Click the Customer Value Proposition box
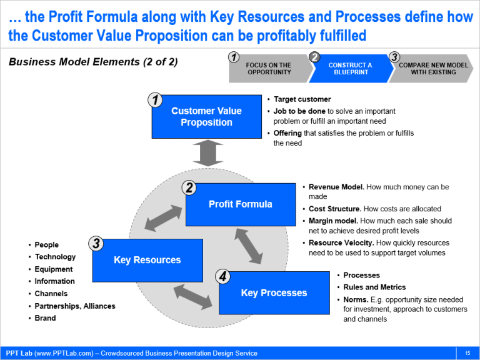pyautogui.click(x=206, y=117)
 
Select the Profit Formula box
pyautogui.click(x=241, y=204)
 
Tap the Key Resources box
pyautogui.click(x=147, y=260)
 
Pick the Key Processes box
pyautogui.click(x=274, y=292)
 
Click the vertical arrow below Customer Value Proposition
pyautogui.click(x=207, y=153)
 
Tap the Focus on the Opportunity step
pyautogui.click(x=268, y=69)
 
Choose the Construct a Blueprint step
pyautogui.click(x=349, y=69)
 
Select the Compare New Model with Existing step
pyautogui.click(x=433, y=69)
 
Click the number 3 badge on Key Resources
pyautogui.click(x=96, y=243)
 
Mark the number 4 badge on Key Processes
pyautogui.click(x=222, y=276)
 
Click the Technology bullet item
pyautogui.click(x=55, y=257)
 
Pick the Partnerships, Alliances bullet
pyautogui.click(x=75, y=306)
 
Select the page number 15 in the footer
pyautogui.click(x=467, y=354)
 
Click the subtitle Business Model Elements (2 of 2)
pyautogui.click(x=93, y=62)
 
